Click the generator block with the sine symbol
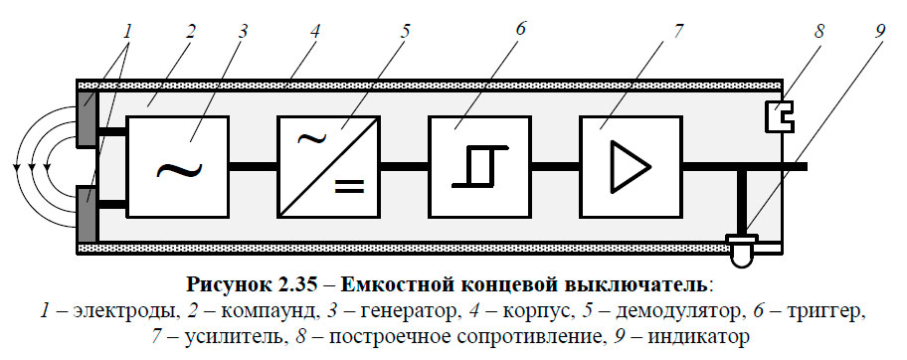[177, 166]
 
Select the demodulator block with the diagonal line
[328, 166]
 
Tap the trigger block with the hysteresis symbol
[479, 166]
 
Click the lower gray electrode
[87, 215]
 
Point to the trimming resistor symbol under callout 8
[778, 118]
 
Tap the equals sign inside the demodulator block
[348, 184]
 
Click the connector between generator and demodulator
[253, 166]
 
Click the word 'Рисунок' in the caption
[221, 284]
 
